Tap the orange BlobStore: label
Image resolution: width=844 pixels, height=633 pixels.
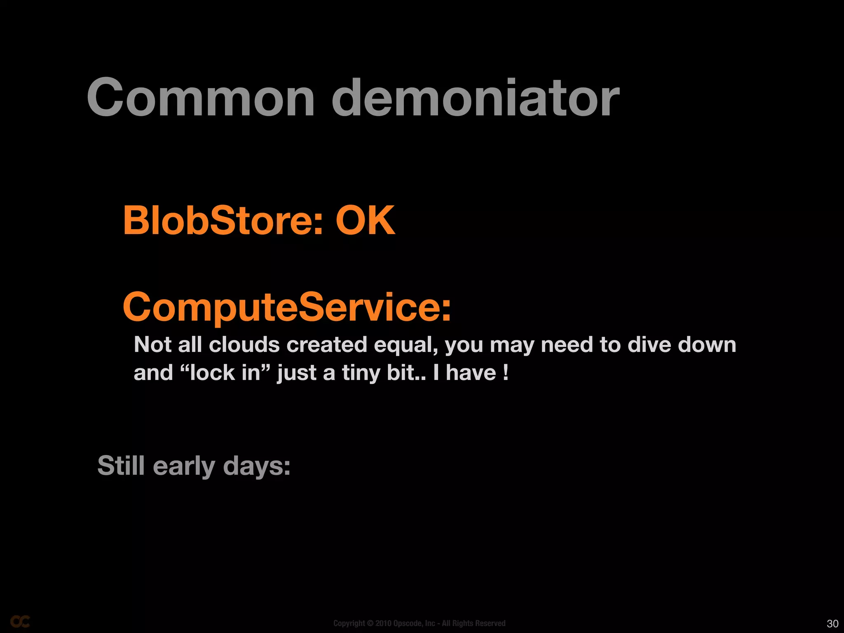tap(223, 221)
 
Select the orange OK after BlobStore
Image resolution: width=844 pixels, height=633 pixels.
tap(365, 221)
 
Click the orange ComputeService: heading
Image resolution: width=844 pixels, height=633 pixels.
tap(287, 307)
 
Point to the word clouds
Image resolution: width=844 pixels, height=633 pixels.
tap(244, 345)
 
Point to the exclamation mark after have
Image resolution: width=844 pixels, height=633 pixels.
tap(506, 373)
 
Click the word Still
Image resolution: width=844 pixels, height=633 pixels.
tap(121, 466)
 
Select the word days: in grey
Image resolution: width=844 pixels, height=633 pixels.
tap(257, 466)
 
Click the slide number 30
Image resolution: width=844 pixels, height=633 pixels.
tap(832, 624)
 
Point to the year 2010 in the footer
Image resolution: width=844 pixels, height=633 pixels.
tap(383, 623)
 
